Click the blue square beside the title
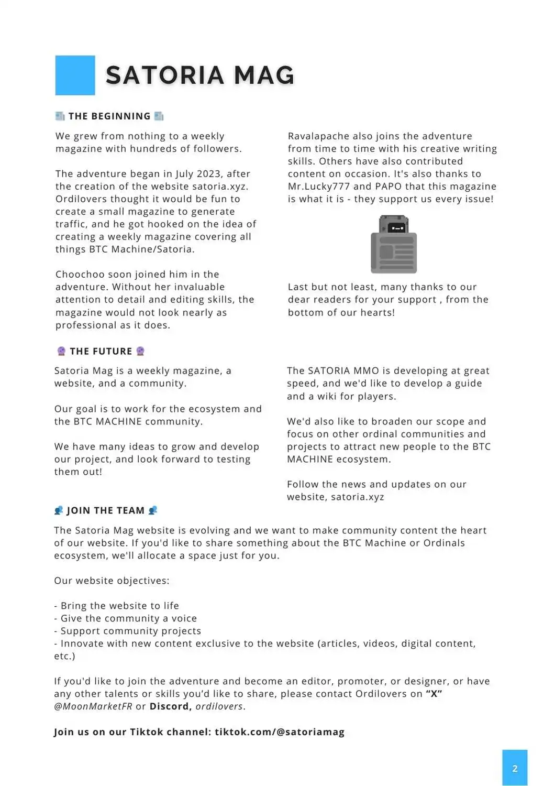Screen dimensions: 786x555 (75, 75)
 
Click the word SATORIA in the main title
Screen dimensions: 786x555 (164, 75)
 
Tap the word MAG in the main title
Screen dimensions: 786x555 (264, 75)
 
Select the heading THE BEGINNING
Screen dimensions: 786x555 (109, 116)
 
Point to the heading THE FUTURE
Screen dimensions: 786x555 (101, 351)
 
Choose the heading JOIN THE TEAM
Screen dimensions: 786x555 (105, 510)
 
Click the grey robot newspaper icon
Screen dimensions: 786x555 (394, 244)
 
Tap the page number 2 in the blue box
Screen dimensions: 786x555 (515, 768)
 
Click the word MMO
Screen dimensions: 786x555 (366, 371)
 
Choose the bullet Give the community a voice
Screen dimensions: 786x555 (128, 618)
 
